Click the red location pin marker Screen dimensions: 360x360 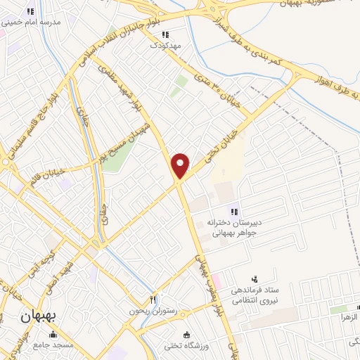(x=181, y=165)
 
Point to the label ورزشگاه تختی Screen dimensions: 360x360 (x=183, y=345)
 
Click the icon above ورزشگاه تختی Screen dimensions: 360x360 (x=186, y=335)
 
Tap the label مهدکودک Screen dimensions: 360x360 (x=165, y=45)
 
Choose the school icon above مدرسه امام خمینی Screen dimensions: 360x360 (x=30, y=11)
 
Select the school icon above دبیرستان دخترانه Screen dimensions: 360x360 (x=233, y=211)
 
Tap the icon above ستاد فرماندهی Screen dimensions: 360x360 (x=255, y=279)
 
